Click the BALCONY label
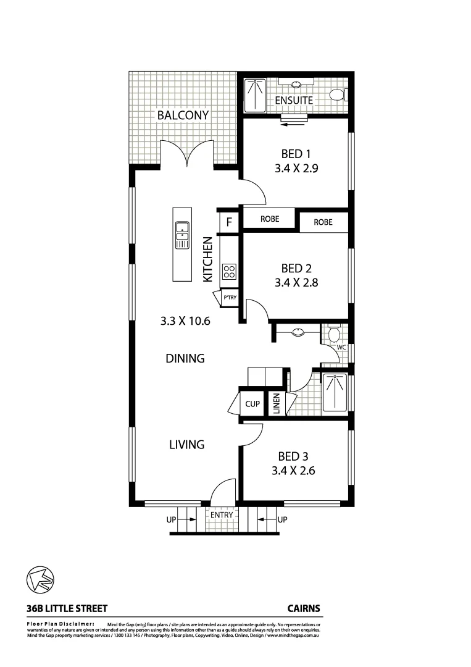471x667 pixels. pos(183,115)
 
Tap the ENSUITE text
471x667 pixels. pos(294,100)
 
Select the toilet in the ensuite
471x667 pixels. pos(338,95)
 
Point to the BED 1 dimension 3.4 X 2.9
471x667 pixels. pos(296,167)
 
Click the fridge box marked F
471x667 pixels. pos(228,222)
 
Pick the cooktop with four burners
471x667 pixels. pos(229,271)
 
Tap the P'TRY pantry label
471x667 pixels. pos(230,298)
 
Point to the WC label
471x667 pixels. pos(341,348)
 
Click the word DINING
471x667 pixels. pos(185,358)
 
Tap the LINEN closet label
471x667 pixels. pos(277,404)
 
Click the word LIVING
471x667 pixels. pos(187,444)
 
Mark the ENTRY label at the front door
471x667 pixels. pos(222,514)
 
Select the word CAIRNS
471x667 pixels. pos(304,608)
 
